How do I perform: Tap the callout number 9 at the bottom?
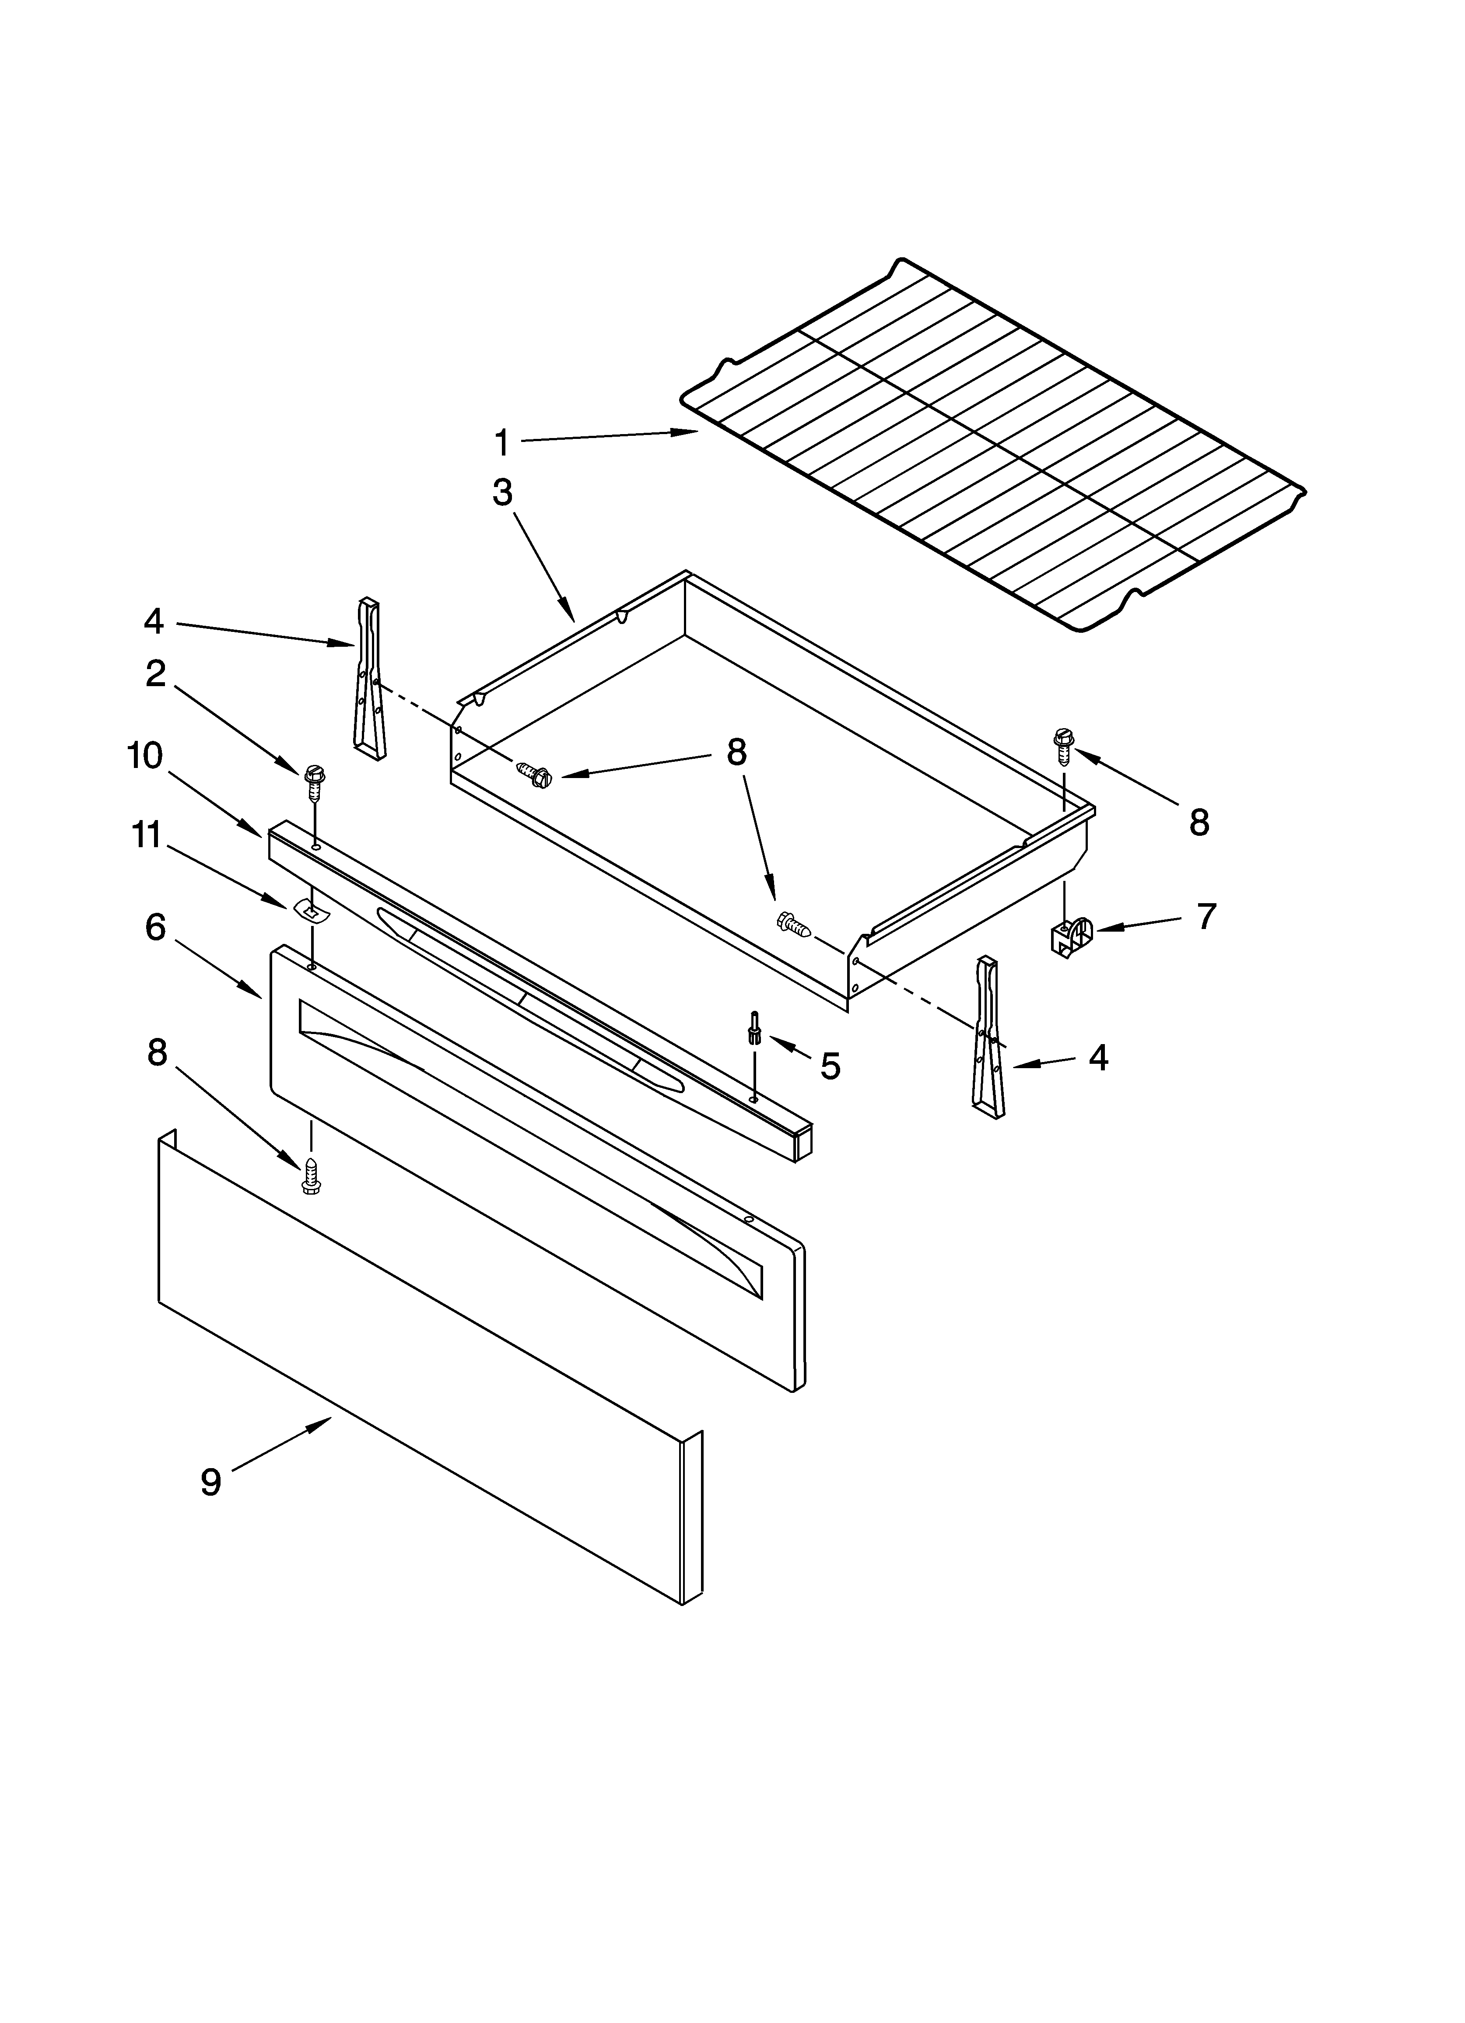[x=210, y=1483]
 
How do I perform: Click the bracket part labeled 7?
[x=1069, y=936]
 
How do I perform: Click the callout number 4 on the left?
[x=154, y=622]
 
